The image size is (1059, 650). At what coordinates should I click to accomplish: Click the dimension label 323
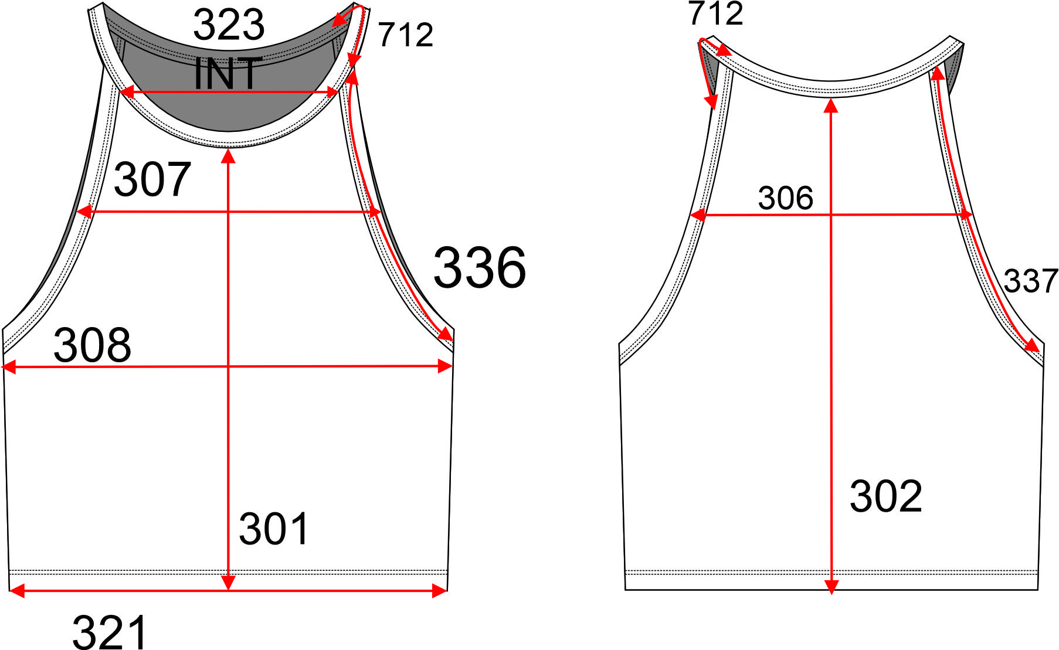coord(229,25)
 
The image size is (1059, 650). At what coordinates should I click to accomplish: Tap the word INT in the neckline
coord(228,73)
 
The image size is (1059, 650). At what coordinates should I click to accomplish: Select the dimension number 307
coord(152,179)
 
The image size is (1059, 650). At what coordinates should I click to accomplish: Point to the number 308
coord(93,345)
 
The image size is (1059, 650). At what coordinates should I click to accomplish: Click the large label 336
coord(480,267)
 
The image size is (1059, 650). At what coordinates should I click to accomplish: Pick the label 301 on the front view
coord(274,529)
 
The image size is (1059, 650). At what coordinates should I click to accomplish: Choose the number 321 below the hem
coord(110,632)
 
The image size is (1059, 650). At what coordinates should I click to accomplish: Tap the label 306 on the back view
coord(786,198)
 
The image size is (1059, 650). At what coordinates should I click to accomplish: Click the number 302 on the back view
coord(886,496)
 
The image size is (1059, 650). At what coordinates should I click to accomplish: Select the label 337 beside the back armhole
coord(1030,281)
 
